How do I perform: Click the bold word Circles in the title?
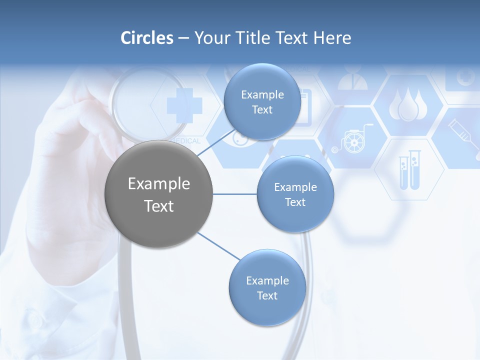147,38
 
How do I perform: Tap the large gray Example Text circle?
159,194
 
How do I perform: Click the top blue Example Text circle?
262,102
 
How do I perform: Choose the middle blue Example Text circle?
295,194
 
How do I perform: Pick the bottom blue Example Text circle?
267,288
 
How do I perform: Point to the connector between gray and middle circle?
235,194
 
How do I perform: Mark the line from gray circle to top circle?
216,145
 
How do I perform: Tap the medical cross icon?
184,105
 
